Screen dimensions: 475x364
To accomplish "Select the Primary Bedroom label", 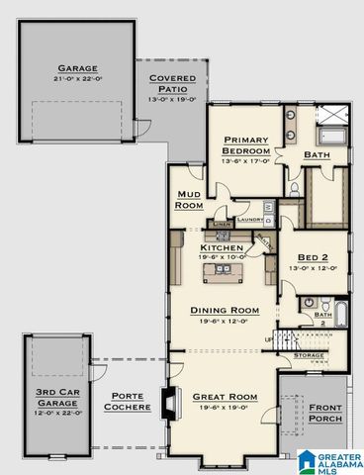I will (241, 145).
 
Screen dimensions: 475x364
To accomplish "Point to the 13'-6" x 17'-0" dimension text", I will (241, 161).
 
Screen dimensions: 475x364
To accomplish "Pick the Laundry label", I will (248, 220).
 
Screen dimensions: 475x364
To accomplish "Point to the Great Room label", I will (225, 396).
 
